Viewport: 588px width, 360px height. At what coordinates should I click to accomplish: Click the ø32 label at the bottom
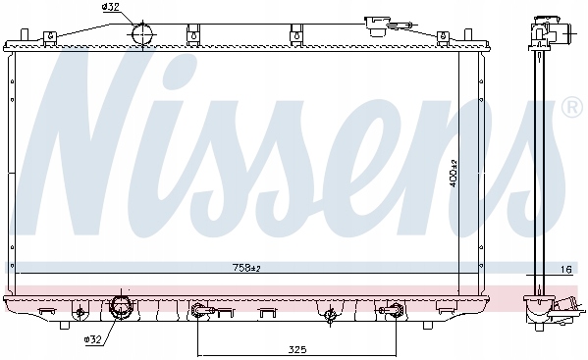tap(94, 338)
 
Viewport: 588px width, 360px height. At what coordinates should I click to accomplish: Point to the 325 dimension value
tap(298, 347)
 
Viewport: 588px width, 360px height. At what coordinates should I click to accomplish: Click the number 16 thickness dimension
tap(565, 268)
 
